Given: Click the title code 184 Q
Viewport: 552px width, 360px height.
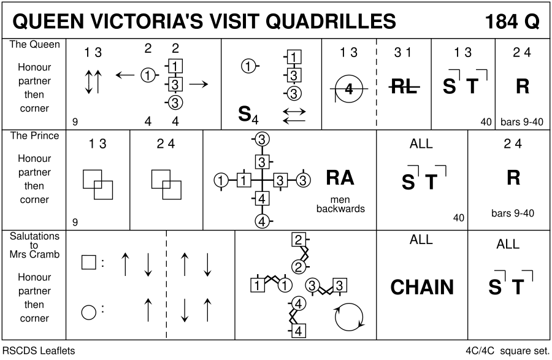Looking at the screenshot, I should pyautogui.click(x=512, y=21).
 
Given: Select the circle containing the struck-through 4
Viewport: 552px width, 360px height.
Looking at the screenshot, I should pyautogui.click(x=349, y=90).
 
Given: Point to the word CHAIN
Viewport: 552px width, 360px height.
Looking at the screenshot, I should pyautogui.click(x=422, y=287).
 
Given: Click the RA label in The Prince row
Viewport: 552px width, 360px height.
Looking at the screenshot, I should pyautogui.click(x=340, y=177).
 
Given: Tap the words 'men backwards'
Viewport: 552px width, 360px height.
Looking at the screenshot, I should pyautogui.click(x=340, y=204).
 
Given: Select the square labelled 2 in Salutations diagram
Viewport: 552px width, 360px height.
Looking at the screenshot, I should pyautogui.click(x=298, y=240).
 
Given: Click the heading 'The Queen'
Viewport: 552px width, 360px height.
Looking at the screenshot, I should pyautogui.click(x=34, y=45).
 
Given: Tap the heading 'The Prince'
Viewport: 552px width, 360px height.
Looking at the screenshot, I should pyautogui.click(x=34, y=136).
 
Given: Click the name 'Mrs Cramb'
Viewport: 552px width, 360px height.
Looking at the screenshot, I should pyautogui.click(x=34, y=254).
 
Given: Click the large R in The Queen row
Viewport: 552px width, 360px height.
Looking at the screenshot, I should pyautogui.click(x=522, y=87).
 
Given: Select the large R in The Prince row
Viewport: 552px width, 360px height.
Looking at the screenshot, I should pyautogui.click(x=513, y=178).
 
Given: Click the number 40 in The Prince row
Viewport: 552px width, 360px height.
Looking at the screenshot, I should pyautogui.click(x=458, y=217).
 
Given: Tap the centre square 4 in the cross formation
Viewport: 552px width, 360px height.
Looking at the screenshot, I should pyautogui.click(x=262, y=198).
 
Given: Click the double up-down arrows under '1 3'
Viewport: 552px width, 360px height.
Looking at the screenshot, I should pyautogui.click(x=93, y=81).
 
